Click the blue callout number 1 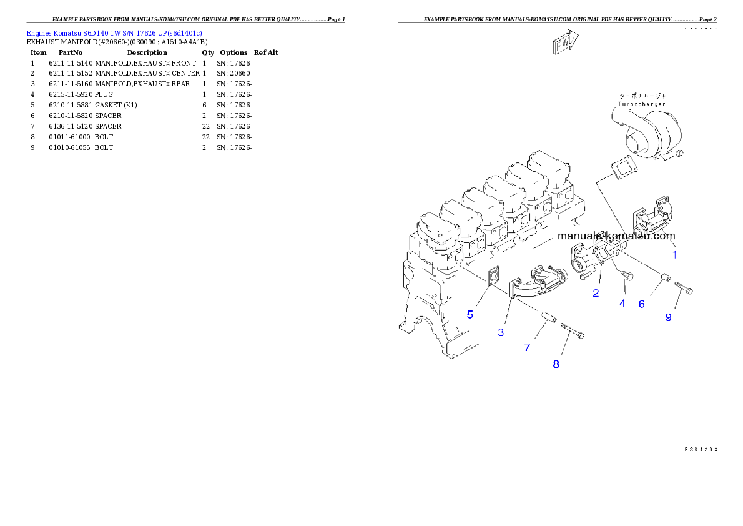point(675,255)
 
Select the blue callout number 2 point(596,293)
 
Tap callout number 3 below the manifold point(501,333)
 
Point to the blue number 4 point(622,304)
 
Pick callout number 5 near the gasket point(470,315)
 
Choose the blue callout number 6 point(641,304)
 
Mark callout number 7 point(527,347)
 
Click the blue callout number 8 point(556,364)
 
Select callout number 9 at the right point(668,317)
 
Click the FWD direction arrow point(566,44)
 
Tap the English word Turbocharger point(642,104)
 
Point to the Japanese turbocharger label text point(642,96)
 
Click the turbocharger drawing point(649,134)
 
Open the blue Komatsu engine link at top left point(114,33)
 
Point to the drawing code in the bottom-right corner point(700,449)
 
